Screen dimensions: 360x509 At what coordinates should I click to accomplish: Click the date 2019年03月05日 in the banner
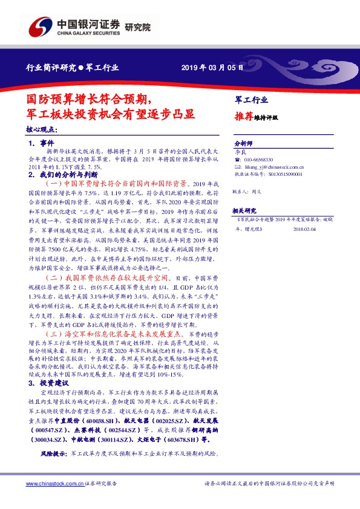212,68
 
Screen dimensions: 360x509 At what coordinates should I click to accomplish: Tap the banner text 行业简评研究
50,68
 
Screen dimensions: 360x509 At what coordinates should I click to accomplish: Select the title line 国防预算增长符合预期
89,98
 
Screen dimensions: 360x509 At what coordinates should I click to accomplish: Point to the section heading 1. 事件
42,143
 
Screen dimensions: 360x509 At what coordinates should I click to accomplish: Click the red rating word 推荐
243,117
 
